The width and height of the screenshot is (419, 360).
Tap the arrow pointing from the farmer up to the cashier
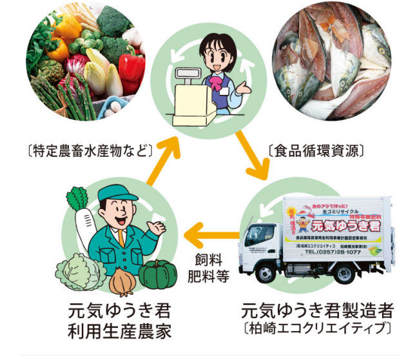pyautogui.click(x=165, y=155)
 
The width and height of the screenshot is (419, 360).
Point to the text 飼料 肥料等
pyautogui.click(x=212, y=268)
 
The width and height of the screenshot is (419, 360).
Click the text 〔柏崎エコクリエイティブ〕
pyautogui.click(x=317, y=328)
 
